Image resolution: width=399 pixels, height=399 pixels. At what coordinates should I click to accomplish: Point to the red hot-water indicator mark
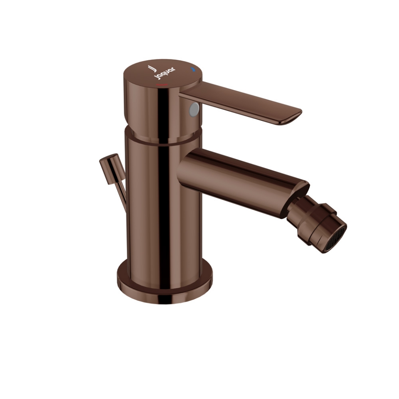pyautogui.click(x=161, y=85)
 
